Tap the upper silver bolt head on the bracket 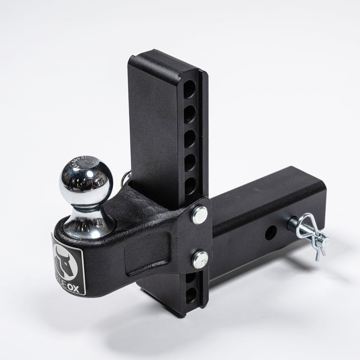(x=199, y=215)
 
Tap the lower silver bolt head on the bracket (x=200, y=259)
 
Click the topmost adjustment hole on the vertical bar (x=190, y=89)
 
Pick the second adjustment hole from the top (x=190, y=114)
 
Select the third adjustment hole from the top (x=190, y=138)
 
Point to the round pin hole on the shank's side (x=271, y=233)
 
